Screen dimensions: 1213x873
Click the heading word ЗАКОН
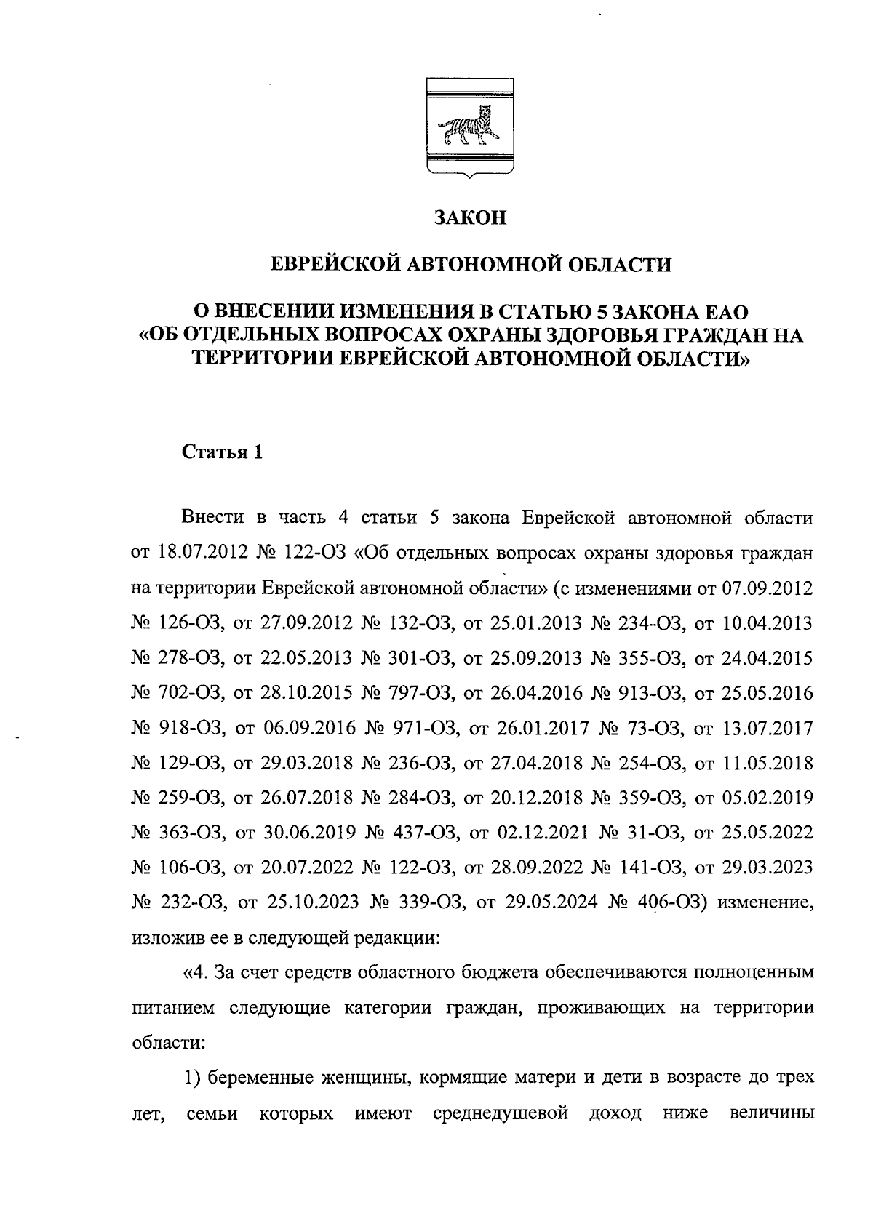tap(469, 217)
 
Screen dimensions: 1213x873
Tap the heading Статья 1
tap(221, 452)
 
